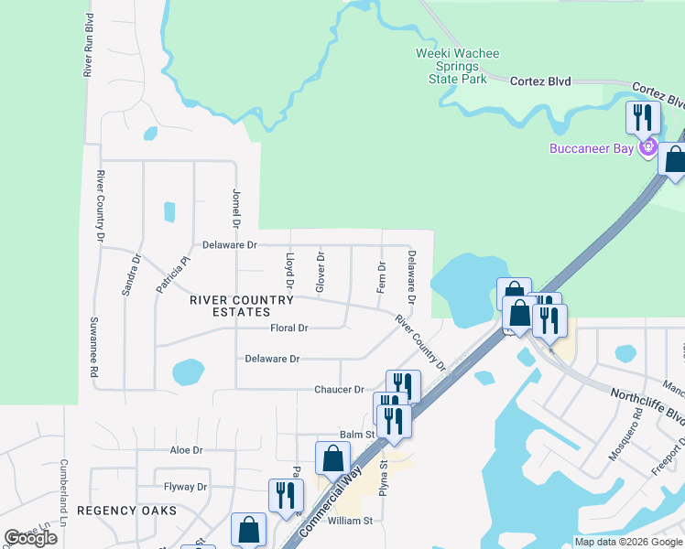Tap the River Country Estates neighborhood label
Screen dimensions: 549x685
tap(242, 306)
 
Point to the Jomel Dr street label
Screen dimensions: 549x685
tap(235, 210)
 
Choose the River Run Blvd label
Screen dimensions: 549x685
tap(90, 45)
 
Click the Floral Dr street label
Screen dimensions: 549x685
tap(289, 328)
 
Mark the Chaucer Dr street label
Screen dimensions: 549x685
tap(340, 390)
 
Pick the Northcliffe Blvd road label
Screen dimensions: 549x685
tap(647, 404)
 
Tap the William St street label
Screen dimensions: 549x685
tap(350, 521)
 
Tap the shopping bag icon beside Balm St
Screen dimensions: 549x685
tap(332, 458)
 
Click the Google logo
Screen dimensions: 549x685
tap(31, 538)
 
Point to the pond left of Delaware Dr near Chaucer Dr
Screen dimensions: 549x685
tap(188, 372)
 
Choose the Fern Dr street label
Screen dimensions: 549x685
tap(381, 276)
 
